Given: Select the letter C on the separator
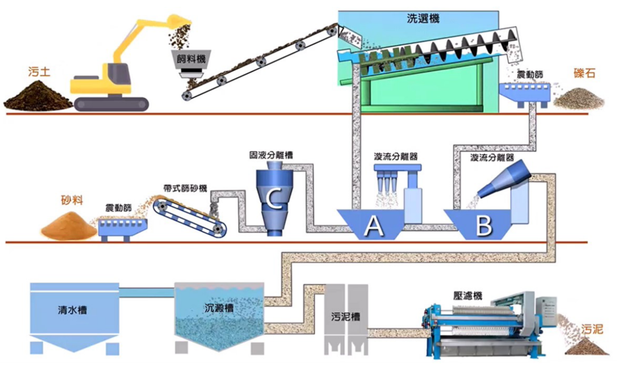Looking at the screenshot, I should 274,200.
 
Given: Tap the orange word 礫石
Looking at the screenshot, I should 584,73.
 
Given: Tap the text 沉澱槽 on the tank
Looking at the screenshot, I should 217,308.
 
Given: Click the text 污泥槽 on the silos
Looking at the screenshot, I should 345,317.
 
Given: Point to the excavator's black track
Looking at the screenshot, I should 111,104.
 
